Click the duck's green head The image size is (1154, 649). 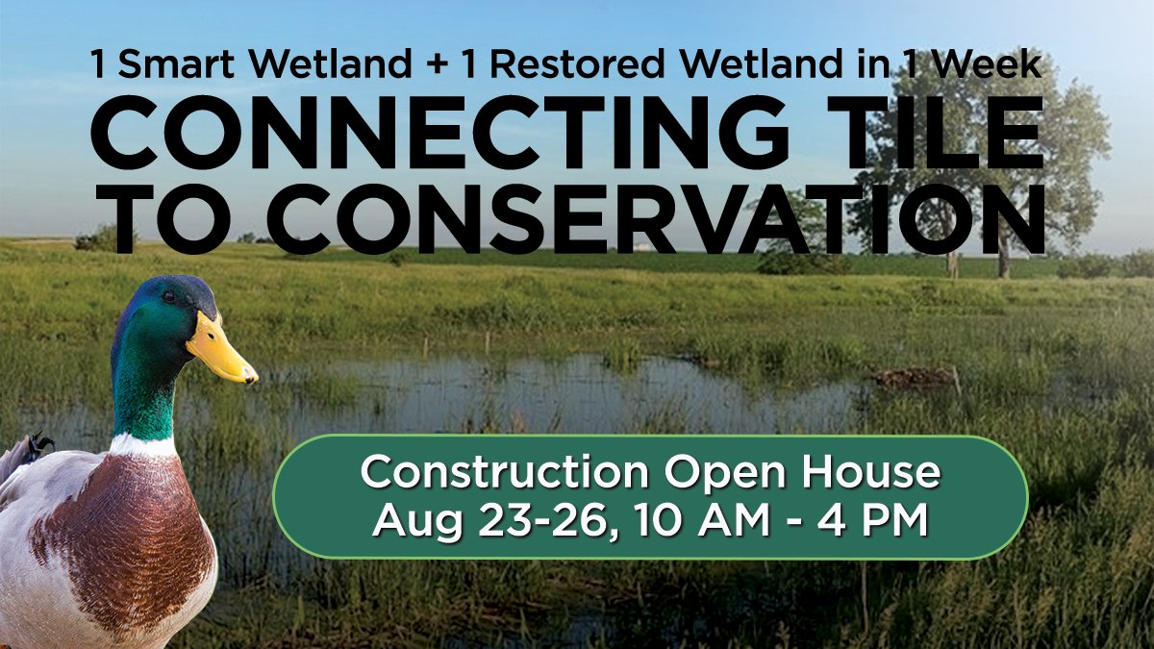[x=154, y=327]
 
